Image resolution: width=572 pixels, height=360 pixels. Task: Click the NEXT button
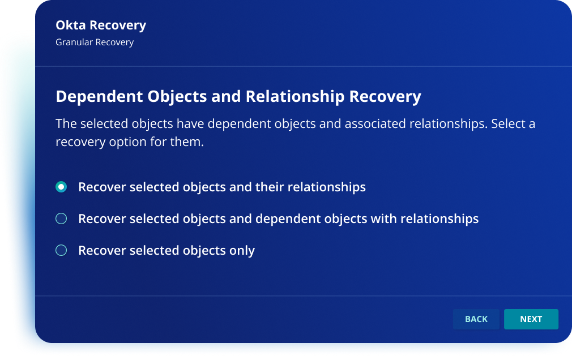tap(531, 319)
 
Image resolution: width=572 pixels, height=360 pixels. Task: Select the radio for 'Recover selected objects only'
tap(61, 250)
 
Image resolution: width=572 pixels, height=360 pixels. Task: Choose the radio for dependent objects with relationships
tap(61, 218)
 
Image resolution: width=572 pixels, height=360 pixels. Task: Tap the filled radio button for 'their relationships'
tap(61, 187)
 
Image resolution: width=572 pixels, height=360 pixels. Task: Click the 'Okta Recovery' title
tap(101, 25)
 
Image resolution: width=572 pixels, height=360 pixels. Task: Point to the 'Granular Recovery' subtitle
tap(95, 42)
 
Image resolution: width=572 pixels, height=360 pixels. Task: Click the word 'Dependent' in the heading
tap(99, 97)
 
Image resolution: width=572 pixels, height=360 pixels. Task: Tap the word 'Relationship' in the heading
tap(294, 97)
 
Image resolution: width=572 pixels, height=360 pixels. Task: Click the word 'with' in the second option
tap(383, 219)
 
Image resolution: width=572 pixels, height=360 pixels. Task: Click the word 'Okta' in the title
tap(70, 25)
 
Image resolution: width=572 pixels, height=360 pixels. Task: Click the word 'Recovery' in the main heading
tap(385, 97)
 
